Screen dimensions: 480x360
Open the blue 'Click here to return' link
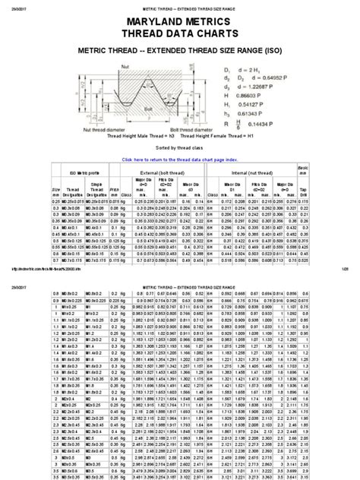tap(180, 160)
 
